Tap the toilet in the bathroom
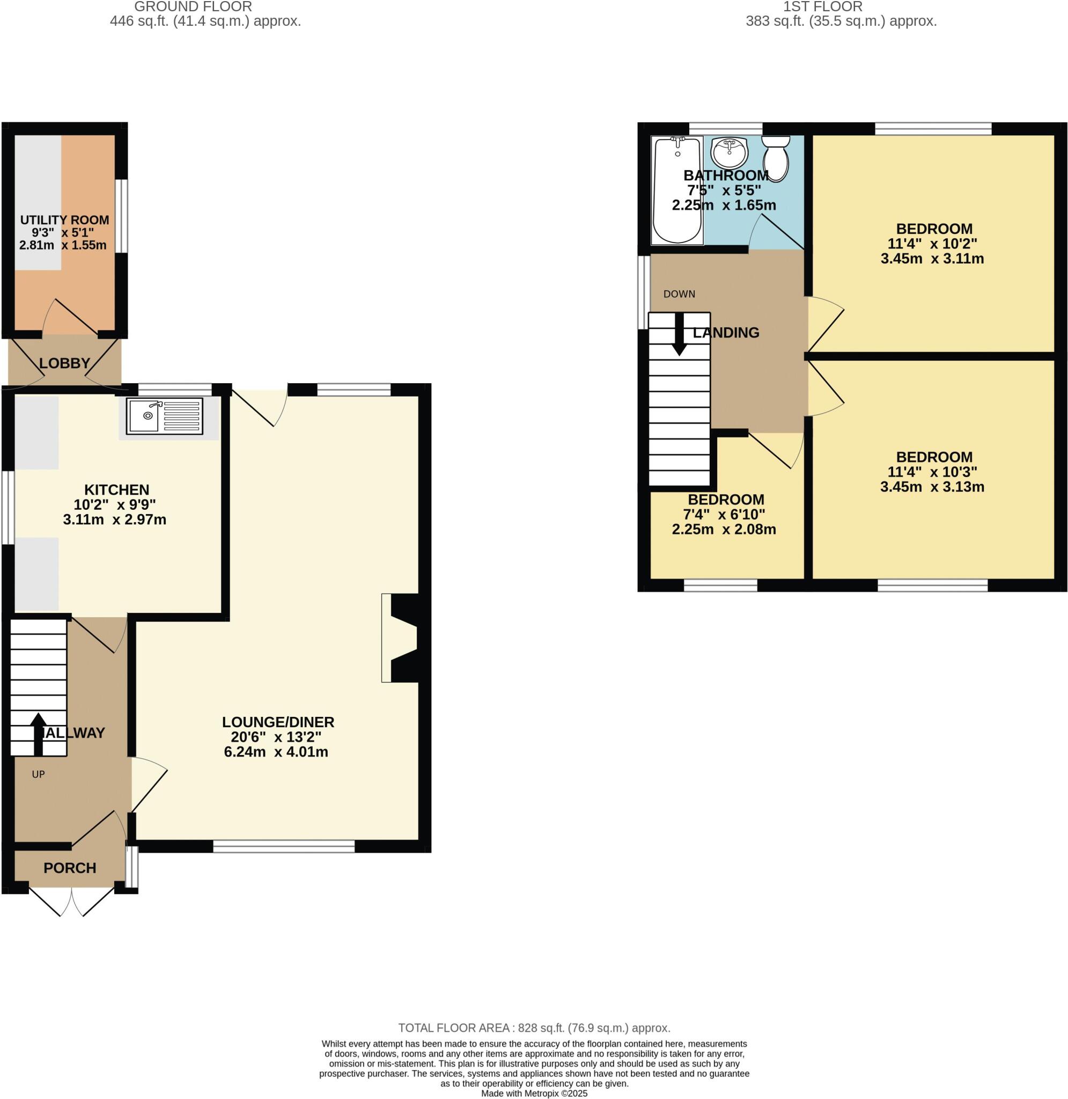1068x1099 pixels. click(776, 158)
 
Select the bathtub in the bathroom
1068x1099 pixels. click(677, 190)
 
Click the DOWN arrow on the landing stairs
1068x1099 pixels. click(679, 334)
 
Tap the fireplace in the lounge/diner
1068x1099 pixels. click(402, 638)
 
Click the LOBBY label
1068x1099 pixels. click(64, 363)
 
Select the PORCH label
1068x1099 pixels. click(70, 868)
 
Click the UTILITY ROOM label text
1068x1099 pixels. click(64, 220)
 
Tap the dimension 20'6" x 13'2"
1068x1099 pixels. click(276, 737)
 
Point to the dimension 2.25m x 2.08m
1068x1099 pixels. click(724, 529)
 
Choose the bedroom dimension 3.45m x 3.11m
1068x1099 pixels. click(932, 259)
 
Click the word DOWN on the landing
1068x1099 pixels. click(679, 294)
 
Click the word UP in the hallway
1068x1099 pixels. click(38, 774)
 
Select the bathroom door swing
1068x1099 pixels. click(776, 233)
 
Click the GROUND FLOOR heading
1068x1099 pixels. click(193, 7)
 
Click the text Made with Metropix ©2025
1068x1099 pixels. click(534, 1094)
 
